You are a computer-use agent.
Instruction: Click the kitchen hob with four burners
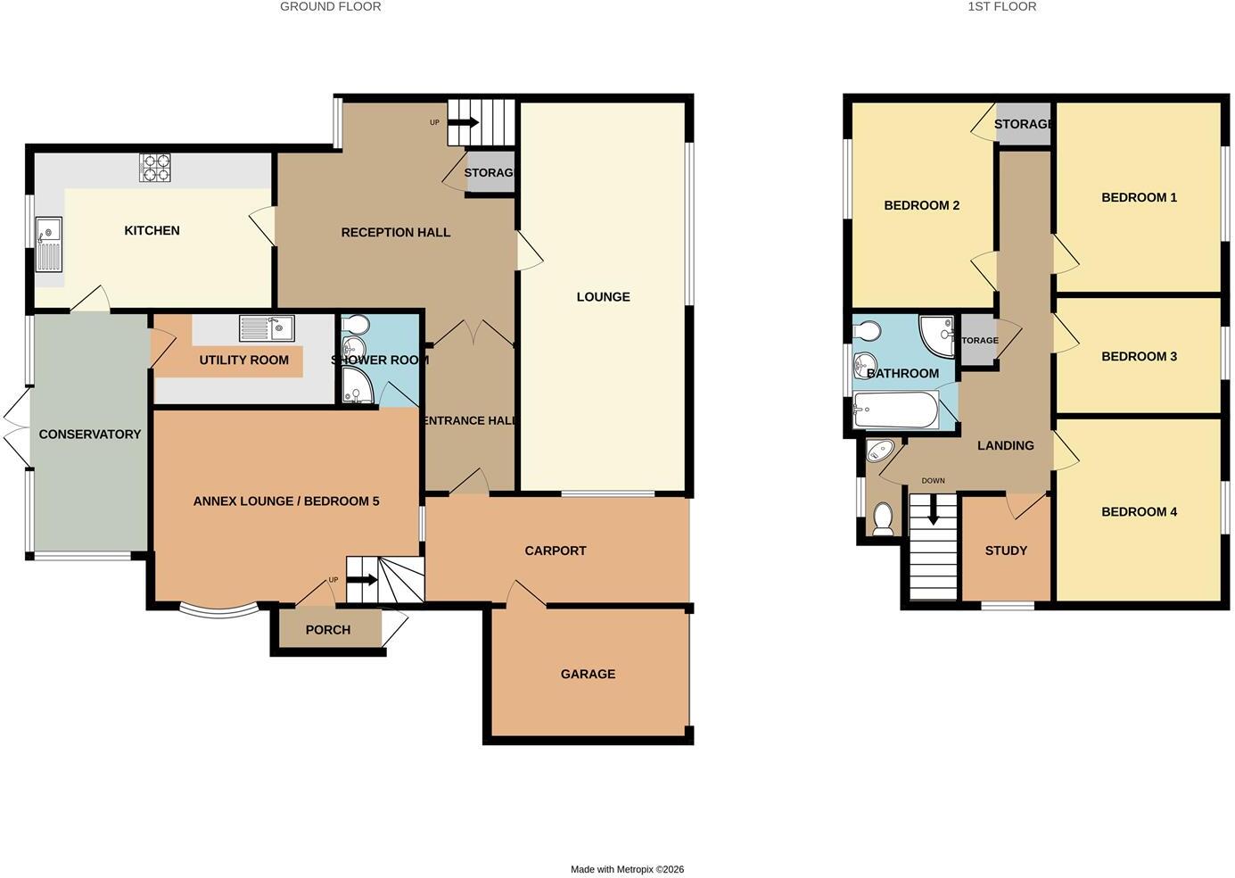click(x=154, y=167)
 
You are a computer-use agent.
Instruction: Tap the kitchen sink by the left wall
click(x=49, y=244)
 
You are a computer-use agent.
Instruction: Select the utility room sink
click(x=267, y=328)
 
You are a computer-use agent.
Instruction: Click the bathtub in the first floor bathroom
click(x=895, y=410)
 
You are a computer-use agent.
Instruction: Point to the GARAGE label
click(x=588, y=674)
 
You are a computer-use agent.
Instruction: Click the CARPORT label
click(x=556, y=551)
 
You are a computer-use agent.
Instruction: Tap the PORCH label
click(x=328, y=630)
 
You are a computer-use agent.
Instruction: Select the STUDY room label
click(x=1006, y=551)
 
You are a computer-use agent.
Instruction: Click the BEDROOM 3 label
click(x=1139, y=357)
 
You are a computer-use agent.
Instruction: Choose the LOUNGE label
click(x=603, y=297)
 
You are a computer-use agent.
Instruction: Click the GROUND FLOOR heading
click(x=330, y=6)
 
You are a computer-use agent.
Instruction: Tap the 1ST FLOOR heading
click(x=1001, y=6)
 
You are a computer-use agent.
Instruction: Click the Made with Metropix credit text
click(x=628, y=870)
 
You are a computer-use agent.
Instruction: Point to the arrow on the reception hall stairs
click(x=463, y=122)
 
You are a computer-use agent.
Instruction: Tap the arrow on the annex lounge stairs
click(x=363, y=580)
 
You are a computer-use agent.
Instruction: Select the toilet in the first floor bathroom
click(x=868, y=330)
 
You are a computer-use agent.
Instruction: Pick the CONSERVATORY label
click(x=90, y=435)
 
